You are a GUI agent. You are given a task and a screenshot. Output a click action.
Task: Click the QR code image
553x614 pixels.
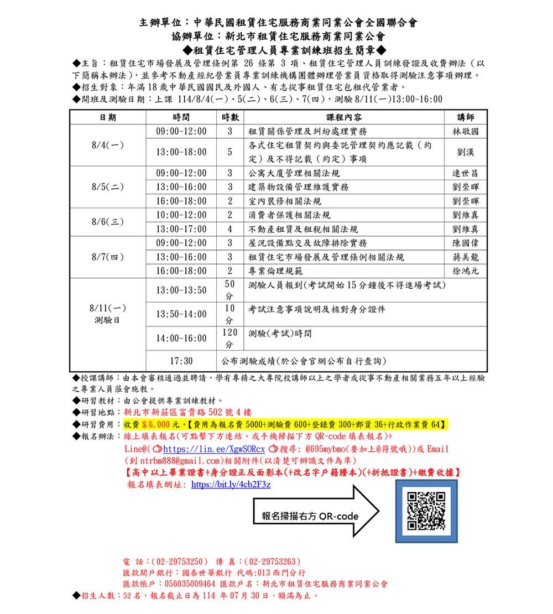coord(426,511)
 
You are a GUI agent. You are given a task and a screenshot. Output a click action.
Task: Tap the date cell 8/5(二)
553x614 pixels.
coord(108,187)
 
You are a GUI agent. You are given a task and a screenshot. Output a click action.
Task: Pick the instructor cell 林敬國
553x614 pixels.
coord(465,132)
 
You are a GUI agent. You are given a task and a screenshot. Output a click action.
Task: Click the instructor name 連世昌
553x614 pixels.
coord(465,174)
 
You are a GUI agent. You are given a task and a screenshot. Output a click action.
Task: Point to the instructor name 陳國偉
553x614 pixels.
coord(465,243)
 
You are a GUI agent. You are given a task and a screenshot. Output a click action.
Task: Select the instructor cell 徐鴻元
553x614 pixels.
coord(465,272)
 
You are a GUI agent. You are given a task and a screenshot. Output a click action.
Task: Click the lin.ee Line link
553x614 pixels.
coord(215,449)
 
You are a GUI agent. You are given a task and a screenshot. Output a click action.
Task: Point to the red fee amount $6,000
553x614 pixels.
coord(156,424)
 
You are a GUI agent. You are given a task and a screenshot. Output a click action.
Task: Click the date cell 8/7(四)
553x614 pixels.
coord(108,257)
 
